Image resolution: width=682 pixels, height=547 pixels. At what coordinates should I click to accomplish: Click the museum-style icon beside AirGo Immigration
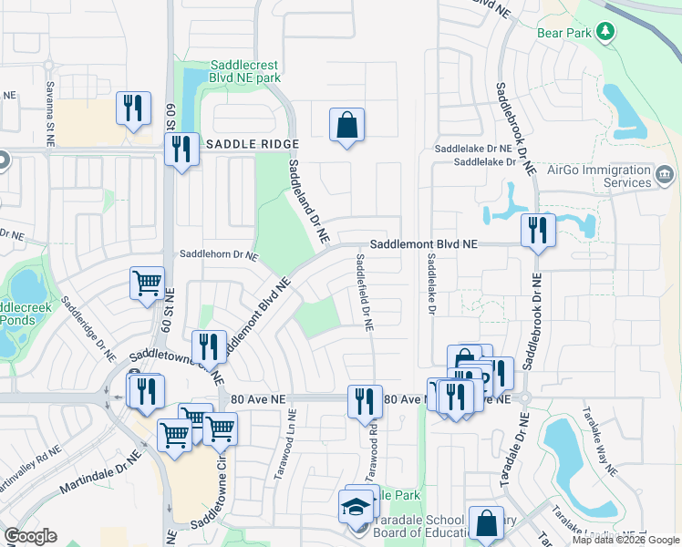664,173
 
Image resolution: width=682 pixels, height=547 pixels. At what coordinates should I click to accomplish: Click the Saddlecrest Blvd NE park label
244,71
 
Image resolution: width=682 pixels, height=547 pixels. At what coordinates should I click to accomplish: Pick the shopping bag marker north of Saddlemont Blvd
346,125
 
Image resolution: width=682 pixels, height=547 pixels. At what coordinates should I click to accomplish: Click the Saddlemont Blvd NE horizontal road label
423,245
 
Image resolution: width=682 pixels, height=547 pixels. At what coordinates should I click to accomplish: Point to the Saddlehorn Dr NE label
219,255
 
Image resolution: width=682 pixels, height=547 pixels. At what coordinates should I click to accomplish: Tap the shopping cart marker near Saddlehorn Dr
146,283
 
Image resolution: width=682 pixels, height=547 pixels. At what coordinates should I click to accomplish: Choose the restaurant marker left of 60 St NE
134,107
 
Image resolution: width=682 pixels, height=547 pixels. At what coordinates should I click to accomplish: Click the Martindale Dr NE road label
101,472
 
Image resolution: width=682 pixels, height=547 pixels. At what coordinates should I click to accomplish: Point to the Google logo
30,536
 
